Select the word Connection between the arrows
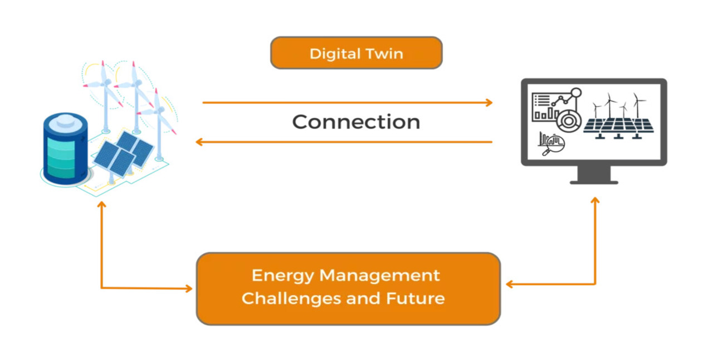tap(356, 122)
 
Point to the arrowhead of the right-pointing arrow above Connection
tap(489, 102)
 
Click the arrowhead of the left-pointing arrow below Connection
tap(199, 142)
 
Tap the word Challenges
tap(291, 299)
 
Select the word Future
tap(415, 299)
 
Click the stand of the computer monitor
tap(594, 175)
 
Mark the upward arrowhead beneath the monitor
tap(595, 200)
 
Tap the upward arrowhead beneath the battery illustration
tap(101, 205)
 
